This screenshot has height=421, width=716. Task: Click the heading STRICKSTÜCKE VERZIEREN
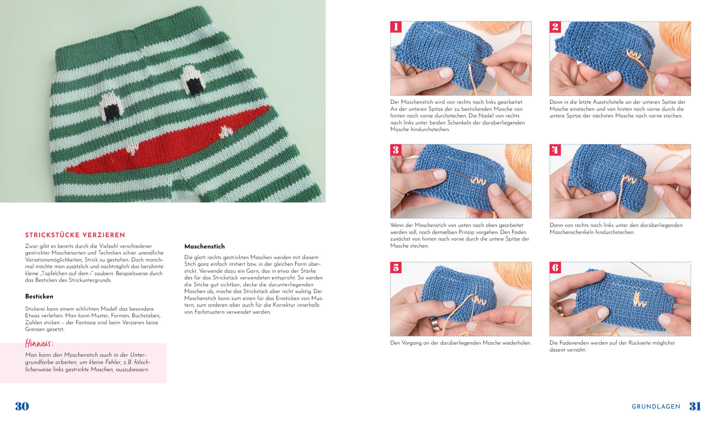pos(75,235)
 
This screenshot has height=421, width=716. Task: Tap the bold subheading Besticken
pos(39,296)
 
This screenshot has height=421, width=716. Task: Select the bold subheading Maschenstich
pos(205,246)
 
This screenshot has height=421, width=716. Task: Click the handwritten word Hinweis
pos(39,343)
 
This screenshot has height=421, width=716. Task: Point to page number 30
pos(22,406)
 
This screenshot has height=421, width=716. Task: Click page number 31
pos(695,406)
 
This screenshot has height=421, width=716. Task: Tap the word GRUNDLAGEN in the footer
pos(656,406)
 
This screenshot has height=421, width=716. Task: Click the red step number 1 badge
pos(396,27)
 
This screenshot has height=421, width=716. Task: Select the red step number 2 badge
pos(555,27)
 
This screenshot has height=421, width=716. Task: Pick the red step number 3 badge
pos(396,150)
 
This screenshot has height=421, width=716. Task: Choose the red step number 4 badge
pos(555,150)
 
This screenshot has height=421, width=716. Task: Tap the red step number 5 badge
pos(396,268)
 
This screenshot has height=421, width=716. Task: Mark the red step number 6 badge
pos(555,268)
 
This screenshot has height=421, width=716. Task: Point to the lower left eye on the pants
pos(112,106)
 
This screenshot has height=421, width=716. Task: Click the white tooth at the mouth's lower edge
pos(133,149)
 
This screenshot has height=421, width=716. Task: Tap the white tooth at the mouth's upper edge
pos(226,131)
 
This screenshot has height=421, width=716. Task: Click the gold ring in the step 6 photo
pos(560,308)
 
